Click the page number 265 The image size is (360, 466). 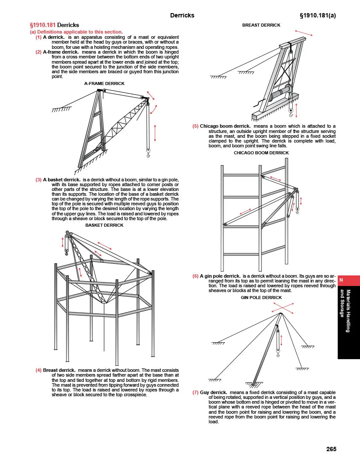tap(331, 449)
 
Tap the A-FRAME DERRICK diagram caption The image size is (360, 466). tap(104, 83)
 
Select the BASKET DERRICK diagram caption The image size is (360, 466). tap(104, 225)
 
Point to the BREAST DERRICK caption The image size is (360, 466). tap(261, 25)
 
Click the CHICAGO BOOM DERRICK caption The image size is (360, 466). tap(261, 153)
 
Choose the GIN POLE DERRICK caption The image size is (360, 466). tap(261, 298)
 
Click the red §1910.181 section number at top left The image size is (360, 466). tap(42, 25)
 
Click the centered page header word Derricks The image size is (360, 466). tap(182, 16)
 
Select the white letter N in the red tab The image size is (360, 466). tap(342, 280)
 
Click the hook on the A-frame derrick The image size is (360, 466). tap(148, 154)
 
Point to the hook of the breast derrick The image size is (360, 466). tap(290, 114)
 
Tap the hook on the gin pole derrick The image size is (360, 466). tap(278, 349)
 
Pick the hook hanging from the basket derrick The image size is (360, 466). tap(66, 251)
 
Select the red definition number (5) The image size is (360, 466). tap(195, 126)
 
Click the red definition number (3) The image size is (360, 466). tap(38, 180)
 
